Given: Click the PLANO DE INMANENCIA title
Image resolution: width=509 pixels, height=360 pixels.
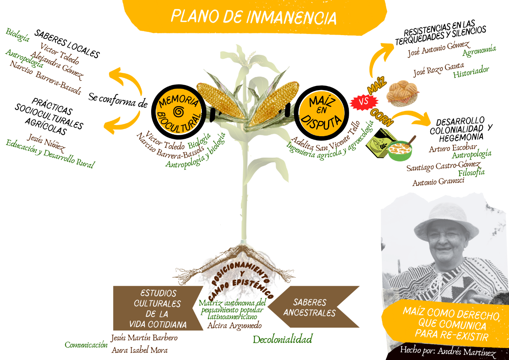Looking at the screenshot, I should pos(253,17).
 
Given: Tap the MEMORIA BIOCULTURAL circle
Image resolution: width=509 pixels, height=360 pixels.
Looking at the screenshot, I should pos(179,112).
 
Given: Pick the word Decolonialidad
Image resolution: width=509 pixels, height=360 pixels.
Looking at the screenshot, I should pos(282,339).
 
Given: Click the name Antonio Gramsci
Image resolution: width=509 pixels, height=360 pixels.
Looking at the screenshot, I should pos(438,182).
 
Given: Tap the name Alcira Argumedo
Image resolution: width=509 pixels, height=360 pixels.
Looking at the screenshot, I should pos(234,325).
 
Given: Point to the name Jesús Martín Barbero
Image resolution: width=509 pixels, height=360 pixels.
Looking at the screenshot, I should pos(144,338).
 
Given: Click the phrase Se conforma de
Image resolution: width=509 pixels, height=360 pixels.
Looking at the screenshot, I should pos(118,100).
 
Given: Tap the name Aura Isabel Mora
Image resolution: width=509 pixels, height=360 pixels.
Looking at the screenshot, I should pos(140,350).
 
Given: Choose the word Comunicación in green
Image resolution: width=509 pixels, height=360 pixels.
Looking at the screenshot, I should pos(86,345).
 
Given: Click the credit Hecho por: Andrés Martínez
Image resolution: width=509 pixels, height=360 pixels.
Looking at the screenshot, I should pos(448,351).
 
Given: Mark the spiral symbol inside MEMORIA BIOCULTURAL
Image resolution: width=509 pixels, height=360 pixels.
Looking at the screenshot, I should pos(179,112).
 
